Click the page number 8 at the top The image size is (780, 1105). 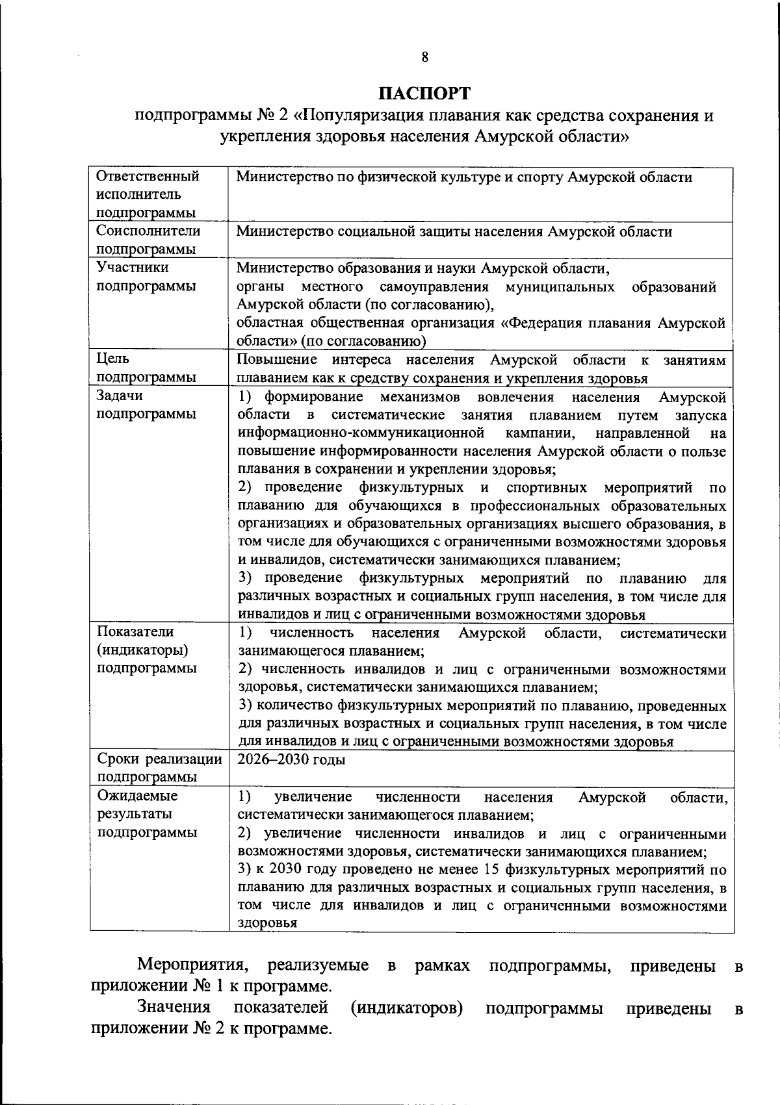pyautogui.click(x=424, y=57)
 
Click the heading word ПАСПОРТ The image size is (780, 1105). pyautogui.click(x=424, y=94)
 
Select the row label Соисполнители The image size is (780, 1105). pyautogui.click(x=148, y=231)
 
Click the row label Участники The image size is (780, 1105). pyautogui.click(x=132, y=268)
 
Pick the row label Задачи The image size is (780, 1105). pyautogui.click(x=120, y=396)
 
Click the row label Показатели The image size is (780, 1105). pyautogui.click(x=135, y=631)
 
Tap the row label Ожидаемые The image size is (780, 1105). pyautogui.click(x=137, y=796)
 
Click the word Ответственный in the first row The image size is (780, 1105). pyautogui.click(x=148, y=177)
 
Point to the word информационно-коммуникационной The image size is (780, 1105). pyautogui.click(x=361, y=433)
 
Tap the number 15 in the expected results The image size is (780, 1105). pyautogui.click(x=493, y=870)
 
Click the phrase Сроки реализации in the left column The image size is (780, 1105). pyautogui.click(x=159, y=759)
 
